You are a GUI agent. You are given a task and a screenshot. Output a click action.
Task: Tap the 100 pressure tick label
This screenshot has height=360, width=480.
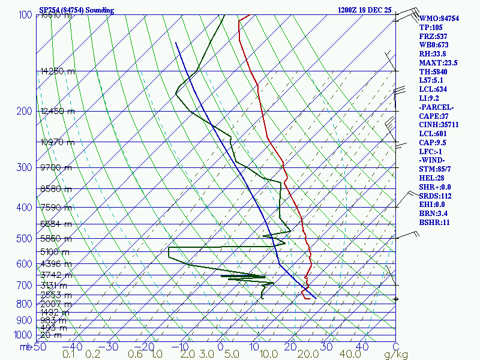[x=25, y=15]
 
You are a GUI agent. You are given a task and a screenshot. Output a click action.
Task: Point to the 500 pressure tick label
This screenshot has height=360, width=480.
[x=25, y=239]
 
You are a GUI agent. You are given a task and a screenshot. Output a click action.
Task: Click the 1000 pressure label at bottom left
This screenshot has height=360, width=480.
[x=23, y=335]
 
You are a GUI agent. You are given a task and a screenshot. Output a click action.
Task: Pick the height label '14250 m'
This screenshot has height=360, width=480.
[x=58, y=71]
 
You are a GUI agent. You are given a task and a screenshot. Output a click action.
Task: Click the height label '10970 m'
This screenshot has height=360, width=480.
[x=58, y=142]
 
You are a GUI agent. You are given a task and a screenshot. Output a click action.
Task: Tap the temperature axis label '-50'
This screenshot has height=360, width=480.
[x=39, y=346]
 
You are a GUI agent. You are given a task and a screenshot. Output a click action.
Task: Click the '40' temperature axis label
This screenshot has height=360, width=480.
[x=362, y=346]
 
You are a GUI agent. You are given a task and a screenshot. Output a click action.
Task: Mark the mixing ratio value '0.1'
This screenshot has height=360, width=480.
[x=70, y=355]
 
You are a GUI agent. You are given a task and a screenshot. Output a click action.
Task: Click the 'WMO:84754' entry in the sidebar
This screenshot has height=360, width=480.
[x=439, y=19]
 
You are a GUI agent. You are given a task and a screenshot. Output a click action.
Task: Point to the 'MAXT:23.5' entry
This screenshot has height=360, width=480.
[x=438, y=63]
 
